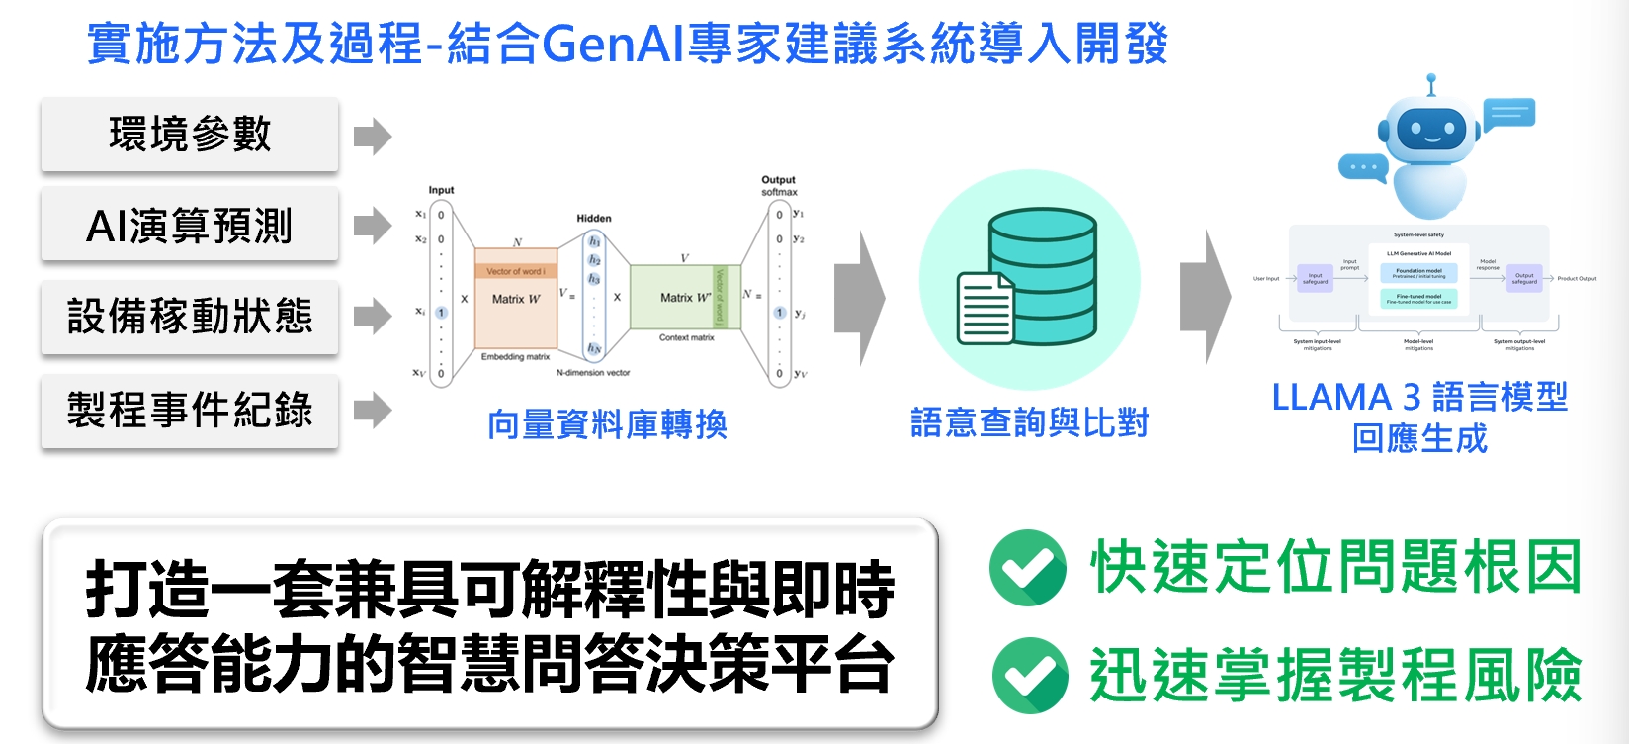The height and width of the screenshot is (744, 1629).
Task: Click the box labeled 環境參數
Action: (x=190, y=135)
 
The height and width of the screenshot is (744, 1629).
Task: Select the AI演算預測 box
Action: (x=190, y=226)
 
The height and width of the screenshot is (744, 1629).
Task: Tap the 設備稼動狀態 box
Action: (x=190, y=317)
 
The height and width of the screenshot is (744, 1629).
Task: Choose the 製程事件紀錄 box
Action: (x=190, y=410)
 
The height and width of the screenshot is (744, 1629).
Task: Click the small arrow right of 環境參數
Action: (x=372, y=137)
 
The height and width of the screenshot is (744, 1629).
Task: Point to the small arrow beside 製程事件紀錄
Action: (x=372, y=410)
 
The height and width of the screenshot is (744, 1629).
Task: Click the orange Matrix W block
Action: (x=515, y=298)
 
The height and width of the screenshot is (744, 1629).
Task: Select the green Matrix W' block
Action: (x=684, y=297)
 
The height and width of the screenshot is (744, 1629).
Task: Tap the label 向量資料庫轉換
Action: (x=607, y=424)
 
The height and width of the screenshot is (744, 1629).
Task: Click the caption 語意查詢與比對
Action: (x=1029, y=422)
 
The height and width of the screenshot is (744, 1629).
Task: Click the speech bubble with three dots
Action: (x=1363, y=168)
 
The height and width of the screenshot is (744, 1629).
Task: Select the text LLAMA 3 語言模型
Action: (x=1419, y=397)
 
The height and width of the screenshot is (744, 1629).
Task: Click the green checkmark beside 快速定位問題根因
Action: (x=1028, y=568)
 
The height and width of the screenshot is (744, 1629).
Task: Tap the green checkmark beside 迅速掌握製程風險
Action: (x=1030, y=676)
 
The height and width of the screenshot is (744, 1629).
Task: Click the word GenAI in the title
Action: (x=613, y=44)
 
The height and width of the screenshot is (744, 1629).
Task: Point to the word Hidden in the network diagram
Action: (x=594, y=218)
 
